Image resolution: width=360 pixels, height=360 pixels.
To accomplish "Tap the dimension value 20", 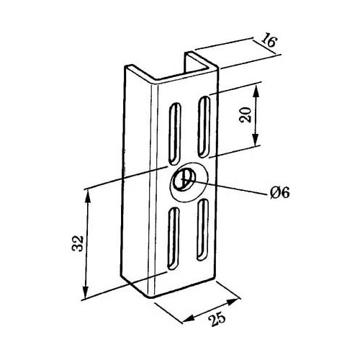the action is (x=246, y=115).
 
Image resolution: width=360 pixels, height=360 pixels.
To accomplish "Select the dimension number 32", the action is (x=78, y=243).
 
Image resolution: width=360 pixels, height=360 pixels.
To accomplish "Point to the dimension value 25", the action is (x=217, y=319).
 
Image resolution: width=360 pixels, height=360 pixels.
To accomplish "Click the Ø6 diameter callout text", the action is (x=279, y=192).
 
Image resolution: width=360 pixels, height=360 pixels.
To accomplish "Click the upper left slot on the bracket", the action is (x=175, y=134).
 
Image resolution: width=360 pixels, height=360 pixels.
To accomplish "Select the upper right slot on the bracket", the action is (x=204, y=127).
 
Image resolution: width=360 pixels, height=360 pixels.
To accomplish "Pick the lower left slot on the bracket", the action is (x=174, y=238).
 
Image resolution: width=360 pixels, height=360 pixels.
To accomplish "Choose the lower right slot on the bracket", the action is (x=202, y=230).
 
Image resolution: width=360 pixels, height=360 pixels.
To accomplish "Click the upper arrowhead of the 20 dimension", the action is (x=256, y=91).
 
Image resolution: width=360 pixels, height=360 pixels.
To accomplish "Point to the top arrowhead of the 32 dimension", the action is (x=88, y=197).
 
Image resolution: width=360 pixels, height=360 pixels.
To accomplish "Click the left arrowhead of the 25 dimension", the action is (x=189, y=318).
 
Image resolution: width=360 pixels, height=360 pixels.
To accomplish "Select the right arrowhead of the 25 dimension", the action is (x=234, y=302).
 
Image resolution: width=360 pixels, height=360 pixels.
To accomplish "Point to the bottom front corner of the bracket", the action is (x=150, y=298).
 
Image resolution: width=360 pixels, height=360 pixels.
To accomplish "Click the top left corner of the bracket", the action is (x=125, y=67).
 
